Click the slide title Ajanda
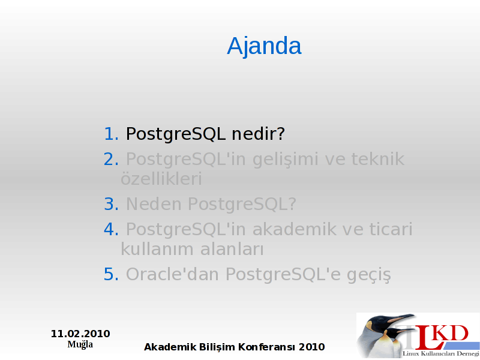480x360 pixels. [x=264, y=46]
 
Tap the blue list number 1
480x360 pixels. [x=111, y=134]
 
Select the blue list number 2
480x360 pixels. [x=111, y=159]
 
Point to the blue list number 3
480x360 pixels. [x=111, y=204]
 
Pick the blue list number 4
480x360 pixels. [x=111, y=229]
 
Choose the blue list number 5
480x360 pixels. [x=111, y=274]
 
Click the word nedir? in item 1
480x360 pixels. [x=258, y=134]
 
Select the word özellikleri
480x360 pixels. [x=161, y=179]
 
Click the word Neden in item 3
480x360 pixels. [x=154, y=204]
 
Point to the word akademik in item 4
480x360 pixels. [x=295, y=229]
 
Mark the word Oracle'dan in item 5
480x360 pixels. [x=172, y=274]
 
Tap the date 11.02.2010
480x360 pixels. [x=80, y=334]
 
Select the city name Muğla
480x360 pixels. [x=80, y=344]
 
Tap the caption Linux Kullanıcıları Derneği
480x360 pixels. [x=441, y=354]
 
